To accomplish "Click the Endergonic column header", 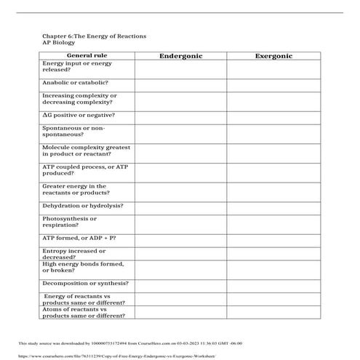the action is pos(180,55).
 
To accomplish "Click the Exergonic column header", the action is pos(273,55).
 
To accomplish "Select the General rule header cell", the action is pos(87,55).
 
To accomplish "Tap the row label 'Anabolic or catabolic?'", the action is pos(76,83).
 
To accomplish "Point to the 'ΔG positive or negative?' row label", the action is pos(79,115).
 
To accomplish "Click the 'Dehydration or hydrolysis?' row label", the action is pos(82,206).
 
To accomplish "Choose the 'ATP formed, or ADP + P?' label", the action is pos(79,238).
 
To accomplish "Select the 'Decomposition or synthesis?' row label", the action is pos(85,283).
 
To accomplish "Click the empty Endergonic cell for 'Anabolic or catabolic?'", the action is pos(180,84).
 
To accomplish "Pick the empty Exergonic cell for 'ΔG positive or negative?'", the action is pos(273,116).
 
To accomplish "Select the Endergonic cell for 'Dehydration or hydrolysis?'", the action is pos(180,207).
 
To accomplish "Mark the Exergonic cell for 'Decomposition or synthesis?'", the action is pos(273,284).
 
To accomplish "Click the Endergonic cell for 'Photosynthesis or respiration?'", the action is pos(180,222).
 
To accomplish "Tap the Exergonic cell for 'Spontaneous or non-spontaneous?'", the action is pos(273,132).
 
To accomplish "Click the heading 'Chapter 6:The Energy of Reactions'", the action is pos(95,36).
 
